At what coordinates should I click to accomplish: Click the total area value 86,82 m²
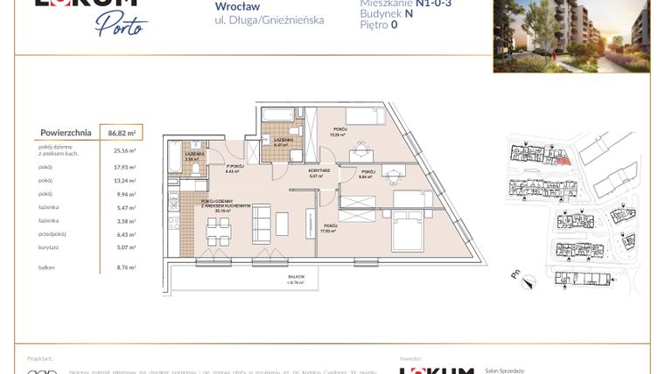(x=121, y=133)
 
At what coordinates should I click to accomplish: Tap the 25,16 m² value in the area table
(x=124, y=150)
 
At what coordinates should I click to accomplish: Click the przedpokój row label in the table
(x=52, y=234)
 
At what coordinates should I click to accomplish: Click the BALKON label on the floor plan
(x=298, y=278)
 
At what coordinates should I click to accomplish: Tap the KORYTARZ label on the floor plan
(x=317, y=171)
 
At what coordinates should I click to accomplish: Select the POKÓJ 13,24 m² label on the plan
(x=338, y=132)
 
